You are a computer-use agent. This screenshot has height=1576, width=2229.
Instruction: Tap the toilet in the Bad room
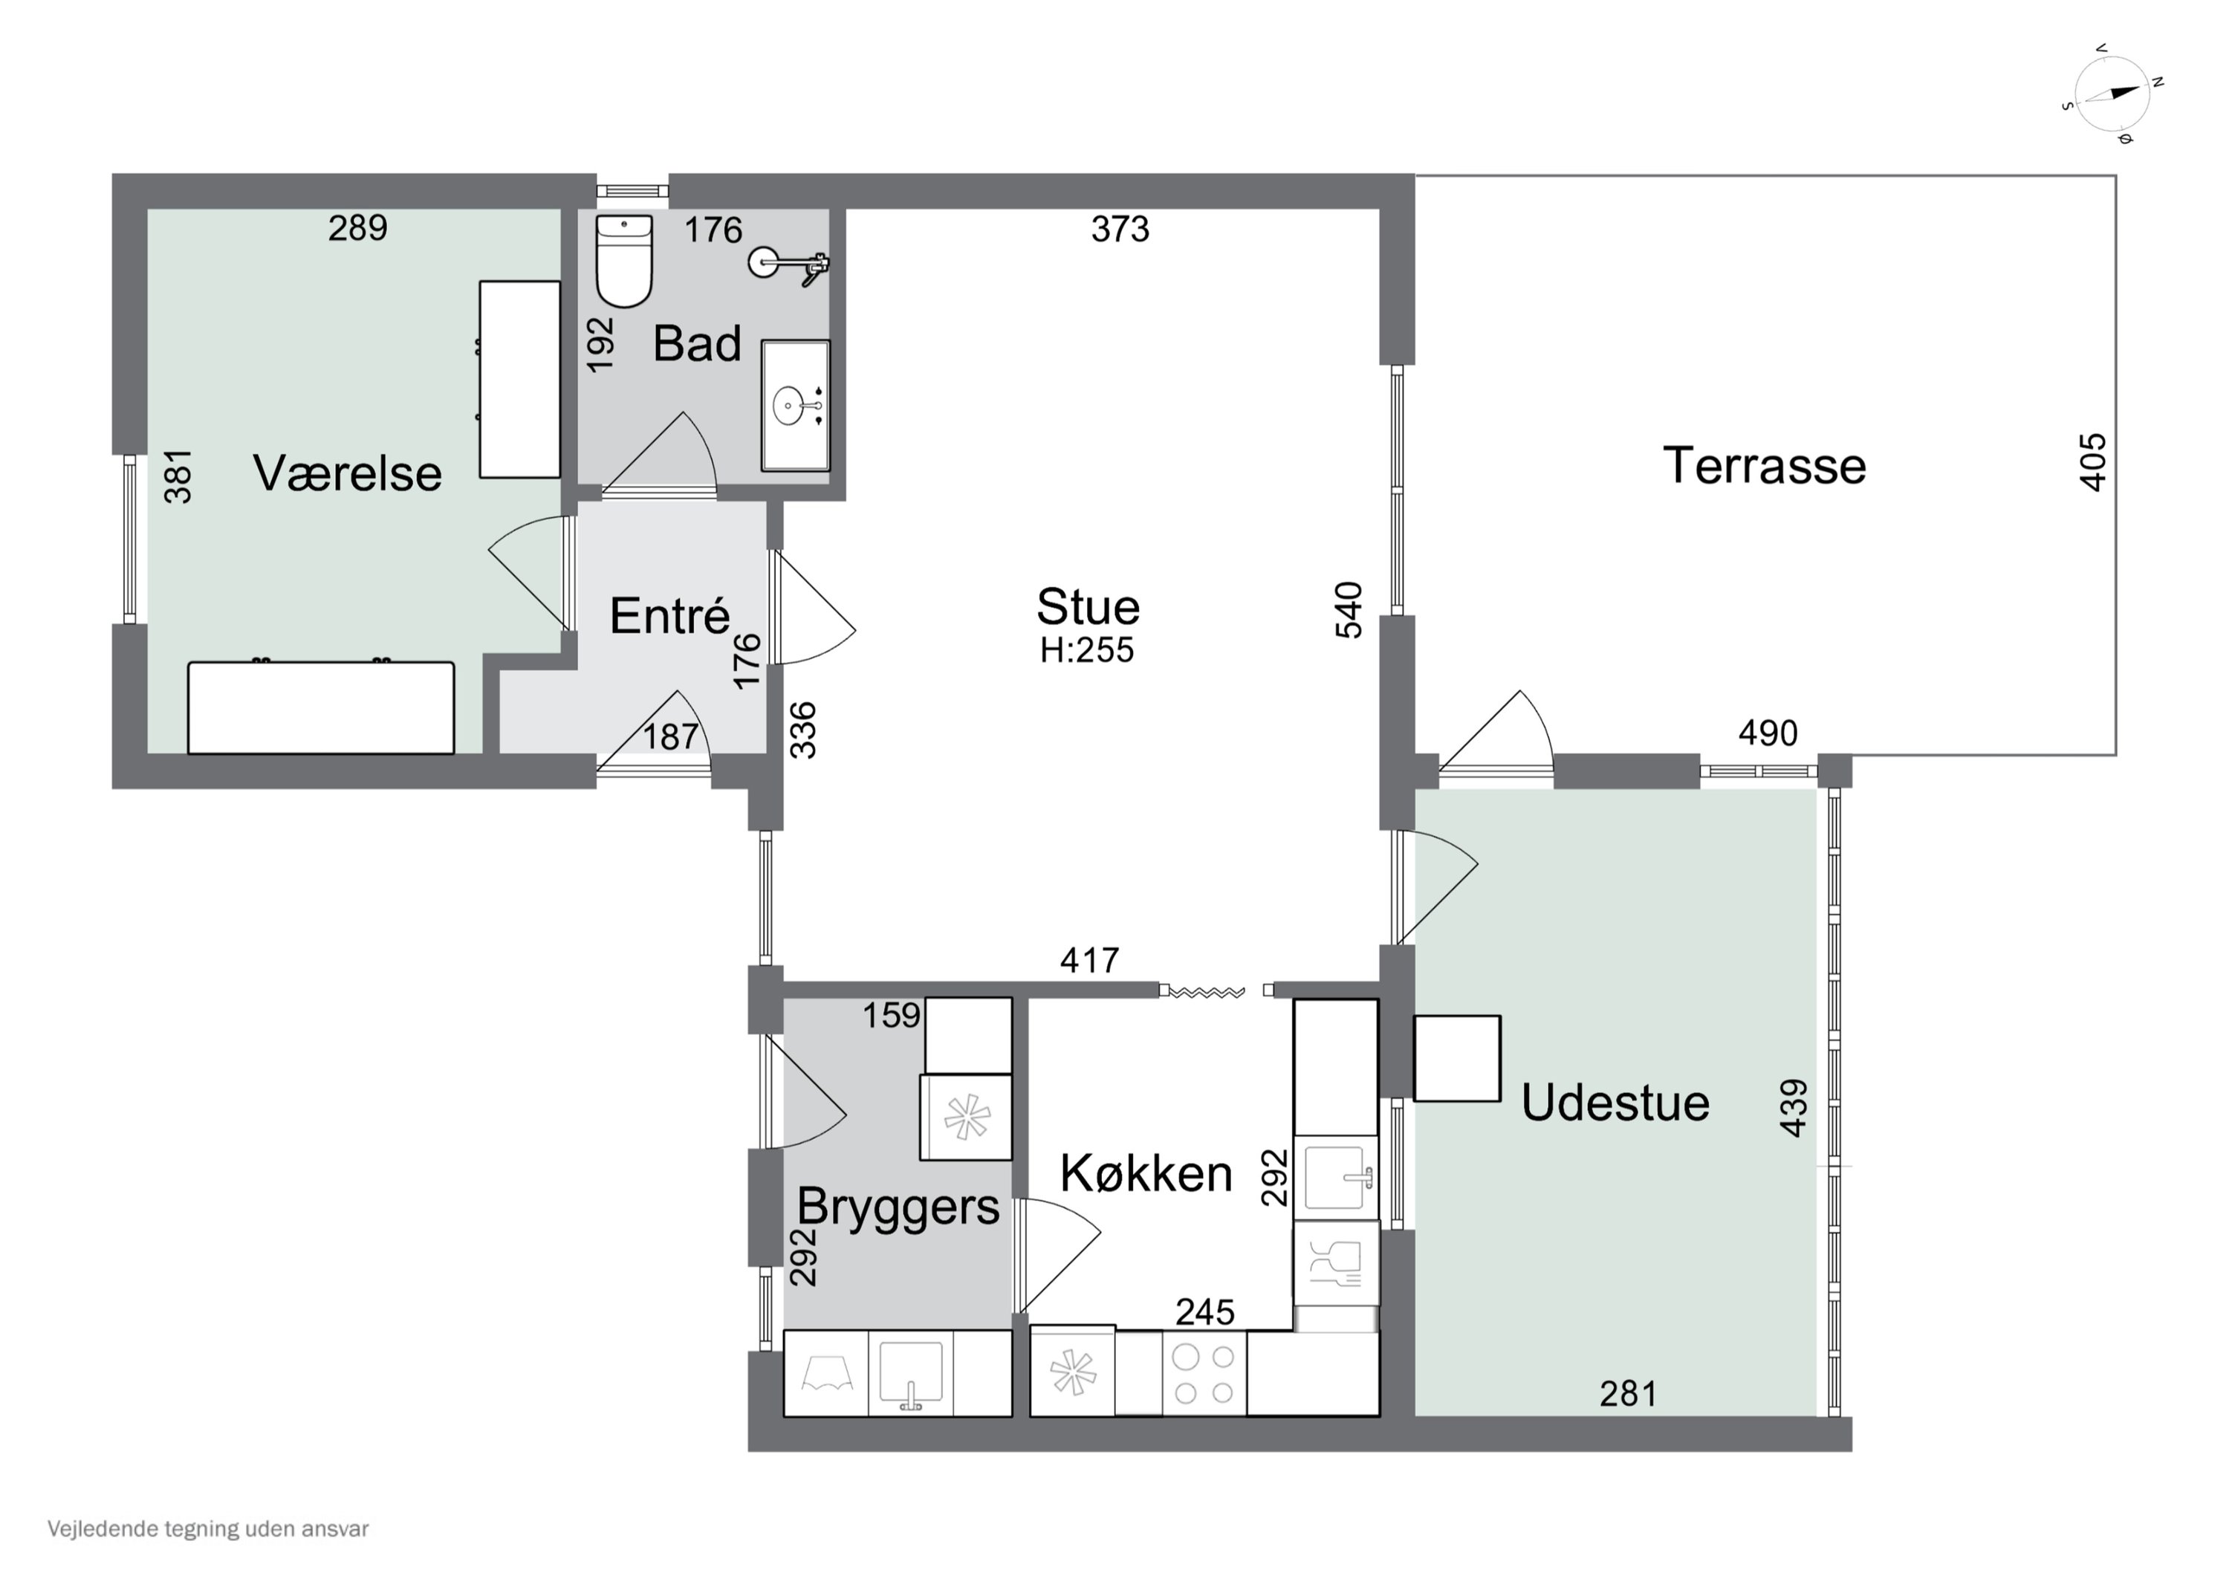point(623,260)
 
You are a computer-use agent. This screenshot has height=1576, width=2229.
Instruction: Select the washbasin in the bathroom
point(795,405)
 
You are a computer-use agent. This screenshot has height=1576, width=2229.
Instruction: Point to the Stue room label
point(1088,607)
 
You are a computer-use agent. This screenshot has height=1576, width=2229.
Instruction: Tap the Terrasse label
point(1764,465)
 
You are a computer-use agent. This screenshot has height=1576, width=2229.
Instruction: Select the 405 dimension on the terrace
point(2094,462)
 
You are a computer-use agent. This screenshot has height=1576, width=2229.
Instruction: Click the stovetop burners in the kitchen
point(1204,1374)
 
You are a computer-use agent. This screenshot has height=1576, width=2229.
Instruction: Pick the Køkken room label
point(1146,1173)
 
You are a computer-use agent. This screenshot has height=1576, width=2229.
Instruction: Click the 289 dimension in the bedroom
point(357,228)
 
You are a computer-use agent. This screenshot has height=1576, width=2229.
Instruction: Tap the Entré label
point(670,616)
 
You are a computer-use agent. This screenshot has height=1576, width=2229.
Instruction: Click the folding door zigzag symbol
point(1207,991)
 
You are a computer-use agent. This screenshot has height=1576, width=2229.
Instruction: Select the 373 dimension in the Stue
point(1120,229)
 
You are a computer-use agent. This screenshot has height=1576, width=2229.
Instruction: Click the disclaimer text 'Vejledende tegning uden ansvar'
point(208,1528)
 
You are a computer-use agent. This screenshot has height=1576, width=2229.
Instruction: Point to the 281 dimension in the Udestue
point(1628,1395)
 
